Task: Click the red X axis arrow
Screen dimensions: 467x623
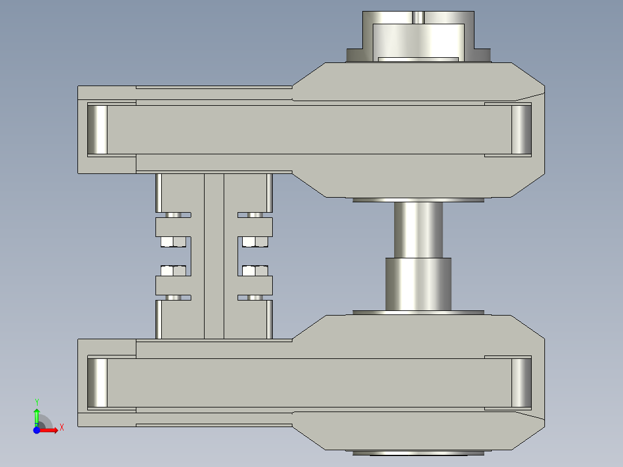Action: coord(51,429)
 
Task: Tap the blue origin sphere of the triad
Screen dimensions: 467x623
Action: coord(36,430)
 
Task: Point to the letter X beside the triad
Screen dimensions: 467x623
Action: coord(61,427)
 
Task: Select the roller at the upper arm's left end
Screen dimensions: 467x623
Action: coord(97,129)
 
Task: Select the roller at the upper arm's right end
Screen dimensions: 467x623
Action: coord(521,129)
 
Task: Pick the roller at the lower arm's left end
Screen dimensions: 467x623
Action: coord(97,383)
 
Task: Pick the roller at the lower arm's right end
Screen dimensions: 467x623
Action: coord(521,383)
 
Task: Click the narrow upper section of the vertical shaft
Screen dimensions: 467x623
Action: coord(418,229)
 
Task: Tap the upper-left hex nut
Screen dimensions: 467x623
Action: coord(173,241)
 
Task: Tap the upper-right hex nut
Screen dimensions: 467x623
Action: coord(255,241)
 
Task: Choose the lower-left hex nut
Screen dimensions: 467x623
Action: coord(173,270)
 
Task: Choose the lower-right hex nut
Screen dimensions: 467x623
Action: coord(255,270)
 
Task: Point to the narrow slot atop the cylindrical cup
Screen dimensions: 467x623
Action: coord(418,17)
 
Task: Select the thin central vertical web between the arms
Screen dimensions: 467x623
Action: coord(214,255)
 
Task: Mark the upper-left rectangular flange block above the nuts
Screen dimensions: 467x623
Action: coord(173,227)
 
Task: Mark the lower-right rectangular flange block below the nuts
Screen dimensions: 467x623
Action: coord(255,284)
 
